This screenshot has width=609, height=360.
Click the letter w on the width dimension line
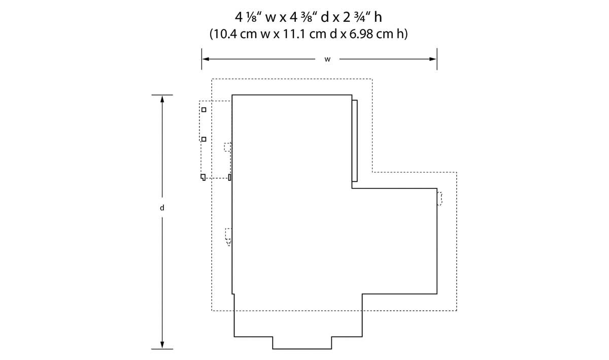point(327,59)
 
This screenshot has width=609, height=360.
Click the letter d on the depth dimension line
point(162,208)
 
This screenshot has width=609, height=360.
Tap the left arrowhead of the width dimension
point(206,59)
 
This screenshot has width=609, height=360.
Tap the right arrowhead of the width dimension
point(433,59)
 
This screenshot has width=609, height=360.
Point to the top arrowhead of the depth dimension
point(162,99)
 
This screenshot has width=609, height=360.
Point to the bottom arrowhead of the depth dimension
point(162,345)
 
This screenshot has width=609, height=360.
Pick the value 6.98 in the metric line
point(361,34)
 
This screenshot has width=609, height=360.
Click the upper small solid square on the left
point(204,110)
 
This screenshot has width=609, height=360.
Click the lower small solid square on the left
point(204,139)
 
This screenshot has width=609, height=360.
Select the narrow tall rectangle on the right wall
point(355,141)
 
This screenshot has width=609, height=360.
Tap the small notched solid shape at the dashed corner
point(202,177)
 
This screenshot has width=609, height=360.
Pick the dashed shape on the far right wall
point(439,199)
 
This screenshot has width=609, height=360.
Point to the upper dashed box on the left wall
point(227,147)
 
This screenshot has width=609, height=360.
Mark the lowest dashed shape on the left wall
point(228,237)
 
